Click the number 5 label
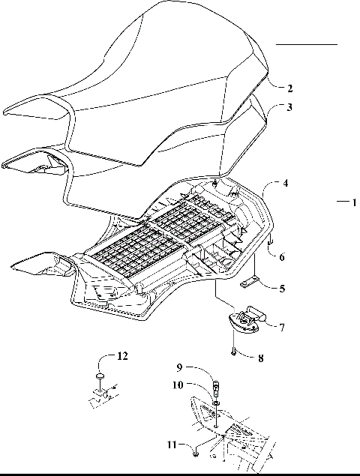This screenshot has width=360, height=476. click(x=281, y=288)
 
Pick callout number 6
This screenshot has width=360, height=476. click(x=281, y=257)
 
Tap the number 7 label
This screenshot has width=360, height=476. click(x=281, y=327)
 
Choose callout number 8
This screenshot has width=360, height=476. click(x=260, y=359)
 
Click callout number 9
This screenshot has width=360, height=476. click(x=178, y=368)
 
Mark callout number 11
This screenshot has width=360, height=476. click(x=172, y=445)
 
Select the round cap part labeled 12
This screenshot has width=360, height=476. click(x=98, y=376)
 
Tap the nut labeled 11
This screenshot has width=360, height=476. click(x=195, y=450)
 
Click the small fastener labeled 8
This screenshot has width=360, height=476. click(x=235, y=348)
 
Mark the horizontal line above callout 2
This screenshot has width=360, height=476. click(x=306, y=45)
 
